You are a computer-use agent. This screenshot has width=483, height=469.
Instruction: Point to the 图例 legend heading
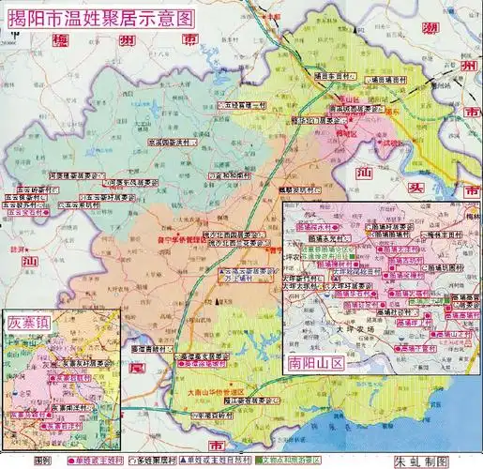44,461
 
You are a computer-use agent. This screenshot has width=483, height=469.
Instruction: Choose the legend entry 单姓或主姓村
99,461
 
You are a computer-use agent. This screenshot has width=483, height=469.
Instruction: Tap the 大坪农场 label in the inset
352,330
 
